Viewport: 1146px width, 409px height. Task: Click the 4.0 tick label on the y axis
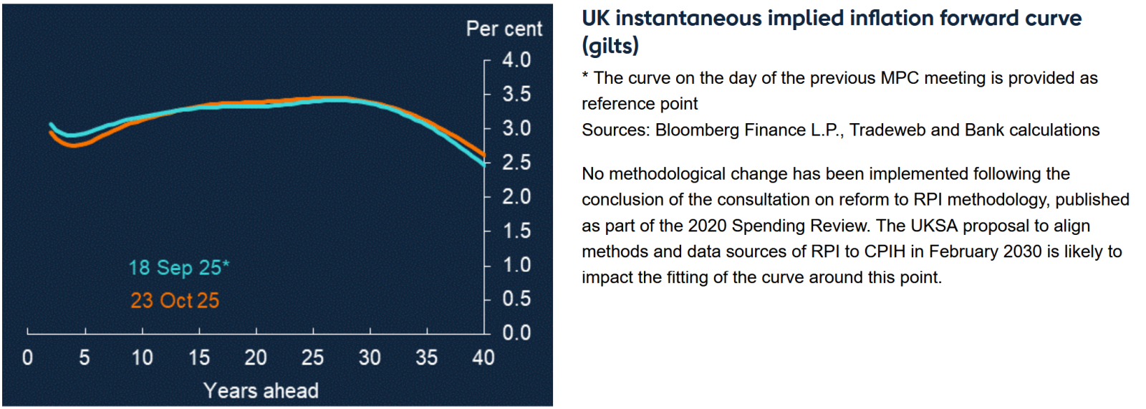tap(516, 59)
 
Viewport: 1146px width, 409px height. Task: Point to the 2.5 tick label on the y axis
tap(516, 163)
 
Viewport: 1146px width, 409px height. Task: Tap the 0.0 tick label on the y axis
tap(516, 333)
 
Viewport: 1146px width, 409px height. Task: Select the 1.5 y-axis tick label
tap(516, 231)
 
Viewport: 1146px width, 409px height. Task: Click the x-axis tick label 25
tap(312, 357)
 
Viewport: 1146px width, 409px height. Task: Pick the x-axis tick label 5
tap(85, 357)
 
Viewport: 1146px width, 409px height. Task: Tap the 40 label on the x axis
tap(483, 357)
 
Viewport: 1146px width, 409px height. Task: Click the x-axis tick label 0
tap(27, 357)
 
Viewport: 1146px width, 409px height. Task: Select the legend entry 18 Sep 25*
tap(178, 268)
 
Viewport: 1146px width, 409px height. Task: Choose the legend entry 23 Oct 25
tap(175, 300)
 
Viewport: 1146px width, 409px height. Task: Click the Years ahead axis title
tap(261, 390)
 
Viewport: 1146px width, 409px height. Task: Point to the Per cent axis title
tap(504, 29)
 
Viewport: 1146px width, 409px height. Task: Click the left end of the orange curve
tap(50, 133)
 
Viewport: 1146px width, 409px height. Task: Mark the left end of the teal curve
tap(50, 124)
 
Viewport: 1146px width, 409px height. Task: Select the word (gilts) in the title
tap(610, 46)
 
